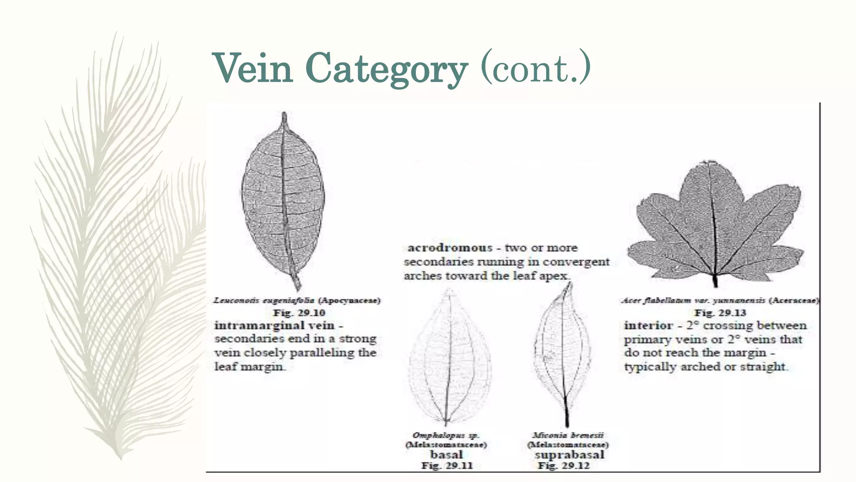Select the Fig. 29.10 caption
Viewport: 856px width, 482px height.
pos(299,313)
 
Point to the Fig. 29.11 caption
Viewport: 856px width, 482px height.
pos(447,466)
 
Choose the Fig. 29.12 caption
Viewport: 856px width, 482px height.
pos(563,466)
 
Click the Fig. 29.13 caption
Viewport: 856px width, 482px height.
pos(720,313)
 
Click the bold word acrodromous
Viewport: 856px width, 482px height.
pos(450,248)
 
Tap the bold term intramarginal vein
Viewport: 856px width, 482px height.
pos(275,326)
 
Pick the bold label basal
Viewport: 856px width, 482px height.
pos(446,454)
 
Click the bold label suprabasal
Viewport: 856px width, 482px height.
pos(569,454)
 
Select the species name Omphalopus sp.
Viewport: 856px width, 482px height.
pos(446,435)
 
